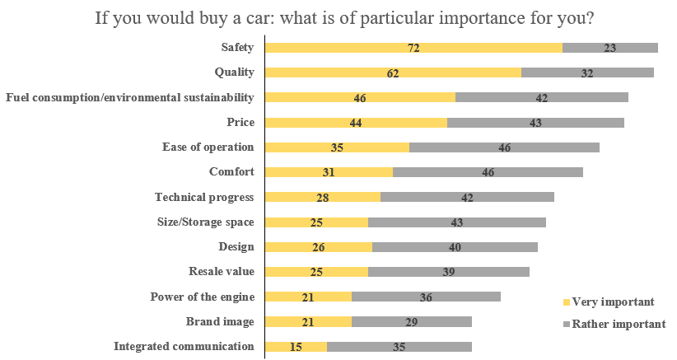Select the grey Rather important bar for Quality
[x=587, y=73]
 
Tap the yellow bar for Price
[x=356, y=123]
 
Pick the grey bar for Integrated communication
[x=399, y=347]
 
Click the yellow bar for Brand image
[x=308, y=322]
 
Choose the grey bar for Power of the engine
[x=426, y=297]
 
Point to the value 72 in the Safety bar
[x=413, y=49]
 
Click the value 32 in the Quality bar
[x=587, y=73]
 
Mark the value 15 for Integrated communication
[x=296, y=347]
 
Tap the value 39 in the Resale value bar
[x=449, y=272]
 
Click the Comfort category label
[x=231, y=172]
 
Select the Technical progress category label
[x=204, y=197]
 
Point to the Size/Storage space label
[x=205, y=222]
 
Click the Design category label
[x=236, y=246]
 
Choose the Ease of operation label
[x=208, y=147]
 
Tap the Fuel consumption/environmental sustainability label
[x=129, y=98]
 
